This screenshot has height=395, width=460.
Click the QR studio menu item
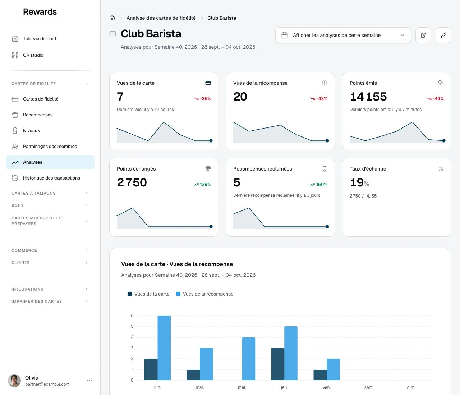pyautogui.click(x=33, y=55)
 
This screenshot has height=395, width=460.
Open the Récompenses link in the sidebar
pyautogui.click(x=38, y=115)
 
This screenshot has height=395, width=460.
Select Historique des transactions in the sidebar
pyautogui.click(x=51, y=178)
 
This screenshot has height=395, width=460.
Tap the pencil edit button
pyautogui.click(x=443, y=35)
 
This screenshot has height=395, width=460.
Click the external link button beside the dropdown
pyautogui.click(x=423, y=35)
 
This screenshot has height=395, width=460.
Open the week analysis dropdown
pyautogui.click(x=343, y=35)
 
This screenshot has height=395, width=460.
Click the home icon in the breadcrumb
pyautogui.click(x=112, y=18)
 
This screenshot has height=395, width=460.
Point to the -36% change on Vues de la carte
pyautogui.click(x=202, y=98)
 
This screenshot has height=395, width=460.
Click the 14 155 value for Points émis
pyautogui.click(x=368, y=97)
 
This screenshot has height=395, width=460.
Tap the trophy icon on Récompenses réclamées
pyautogui.click(x=324, y=169)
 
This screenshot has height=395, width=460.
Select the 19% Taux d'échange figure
pyautogui.click(x=359, y=183)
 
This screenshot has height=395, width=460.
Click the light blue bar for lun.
pyautogui.click(x=164, y=348)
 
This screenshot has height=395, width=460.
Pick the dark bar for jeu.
pyautogui.click(x=277, y=364)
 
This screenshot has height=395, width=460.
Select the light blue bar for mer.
pyautogui.click(x=249, y=359)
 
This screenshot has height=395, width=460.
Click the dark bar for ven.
pyautogui.click(x=320, y=375)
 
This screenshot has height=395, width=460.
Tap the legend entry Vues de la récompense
pyautogui.click(x=204, y=294)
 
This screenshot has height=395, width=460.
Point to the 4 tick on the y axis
pyautogui.click(x=132, y=337)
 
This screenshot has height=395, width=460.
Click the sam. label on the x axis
pyautogui.click(x=369, y=387)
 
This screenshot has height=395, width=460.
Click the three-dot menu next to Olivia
pyautogui.click(x=89, y=381)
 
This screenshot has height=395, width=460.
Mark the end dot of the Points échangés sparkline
pyautogui.click(x=211, y=227)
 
